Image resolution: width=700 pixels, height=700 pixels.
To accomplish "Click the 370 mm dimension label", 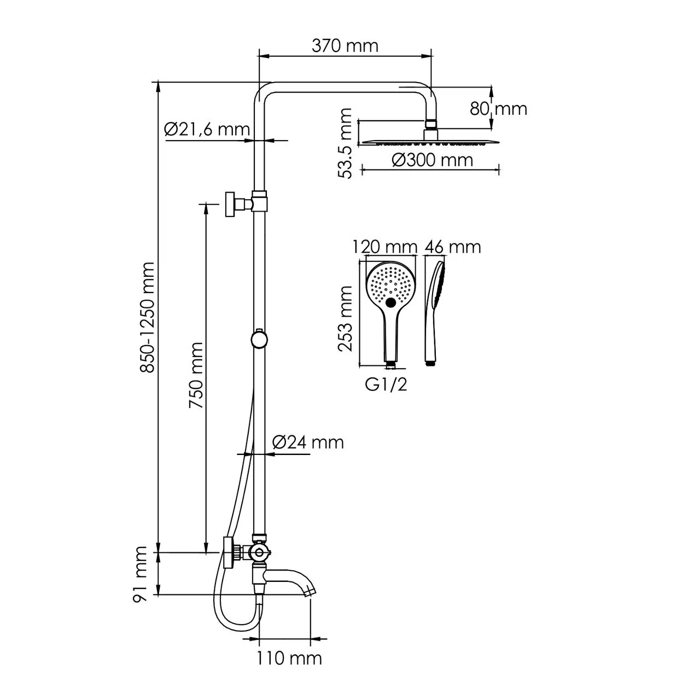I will click(x=345, y=45).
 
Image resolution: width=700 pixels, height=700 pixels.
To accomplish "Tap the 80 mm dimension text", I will click(x=498, y=108).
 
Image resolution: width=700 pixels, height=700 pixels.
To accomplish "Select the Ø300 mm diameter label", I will click(x=433, y=160).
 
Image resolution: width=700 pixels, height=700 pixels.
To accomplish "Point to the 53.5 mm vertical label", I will click(x=345, y=143).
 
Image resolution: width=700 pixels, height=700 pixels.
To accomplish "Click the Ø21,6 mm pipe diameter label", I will click(x=207, y=130).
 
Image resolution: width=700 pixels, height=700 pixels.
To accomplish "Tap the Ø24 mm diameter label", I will click(x=307, y=442).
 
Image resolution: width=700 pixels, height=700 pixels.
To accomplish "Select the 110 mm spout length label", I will click(x=289, y=658).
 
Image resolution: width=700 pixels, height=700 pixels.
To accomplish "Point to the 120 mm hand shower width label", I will click(x=385, y=247).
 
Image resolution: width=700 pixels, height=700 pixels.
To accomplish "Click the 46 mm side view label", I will click(x=453, y=247).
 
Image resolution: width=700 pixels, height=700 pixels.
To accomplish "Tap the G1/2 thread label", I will click(x=386, y=384).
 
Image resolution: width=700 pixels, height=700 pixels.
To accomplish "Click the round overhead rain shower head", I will click(x=429, y=142).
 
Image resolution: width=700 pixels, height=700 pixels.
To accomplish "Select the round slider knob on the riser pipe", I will click(x=259, y=339).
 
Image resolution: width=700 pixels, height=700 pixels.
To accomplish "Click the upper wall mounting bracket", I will click(x=232, y=204).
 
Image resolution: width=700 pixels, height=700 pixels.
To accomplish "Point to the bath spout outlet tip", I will click(x=310, y=591).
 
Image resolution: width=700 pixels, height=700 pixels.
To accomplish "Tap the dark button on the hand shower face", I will click(x=390, y=302).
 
